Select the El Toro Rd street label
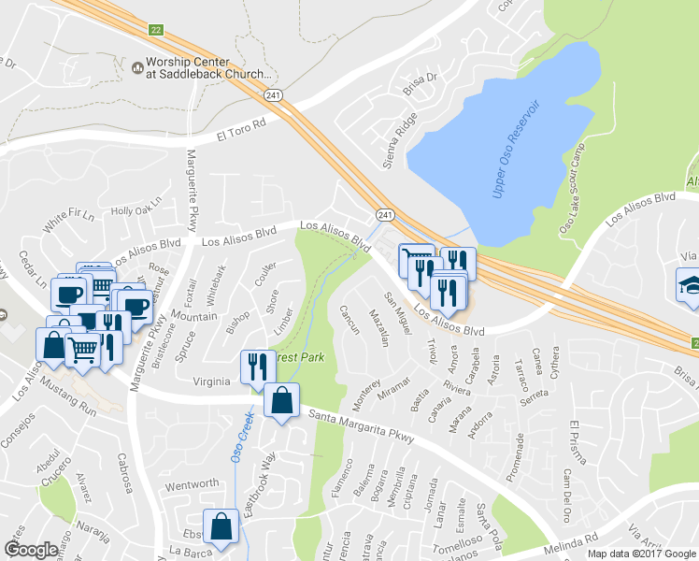[x=240, y=128]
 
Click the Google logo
[x=31, y=551]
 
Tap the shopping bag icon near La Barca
[x=222, y=527]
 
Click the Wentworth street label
[x=192, y=485]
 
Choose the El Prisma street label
[x=577, y=444]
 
